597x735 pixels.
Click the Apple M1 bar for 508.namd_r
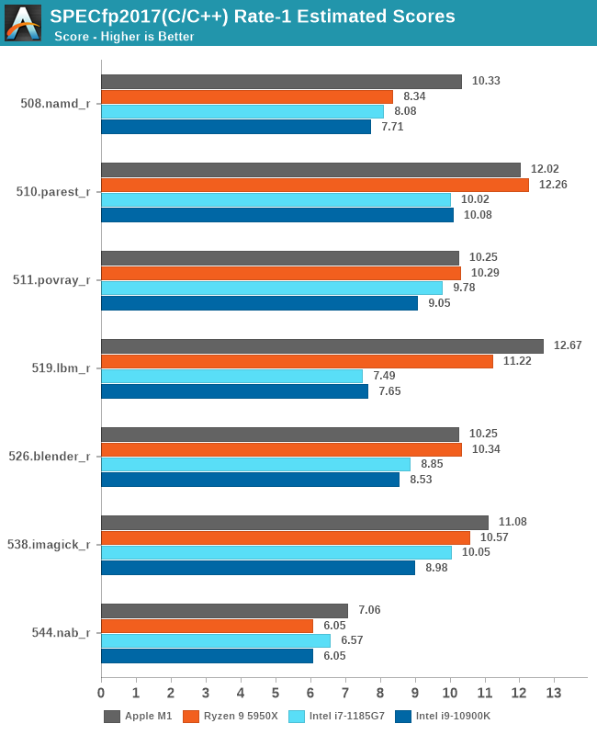coord(281,82)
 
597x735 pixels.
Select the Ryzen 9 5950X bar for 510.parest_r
coord(314,185)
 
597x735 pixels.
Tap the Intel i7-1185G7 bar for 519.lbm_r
coord(231,376)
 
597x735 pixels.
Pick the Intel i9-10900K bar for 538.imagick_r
coord(257,568)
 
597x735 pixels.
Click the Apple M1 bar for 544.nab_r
coord(224,611)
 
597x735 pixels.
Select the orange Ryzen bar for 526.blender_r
coord(281,449)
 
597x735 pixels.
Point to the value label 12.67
coord(569,346)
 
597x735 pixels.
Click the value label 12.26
coord(555,185)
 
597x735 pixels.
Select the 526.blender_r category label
coord(55,457)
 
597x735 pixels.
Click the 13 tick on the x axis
coord(554,692)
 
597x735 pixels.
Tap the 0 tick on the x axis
coord(101,692)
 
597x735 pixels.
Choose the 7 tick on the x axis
coord(345,692)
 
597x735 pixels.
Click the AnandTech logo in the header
coord(23,23)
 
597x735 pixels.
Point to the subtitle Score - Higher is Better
coord(124,37)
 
